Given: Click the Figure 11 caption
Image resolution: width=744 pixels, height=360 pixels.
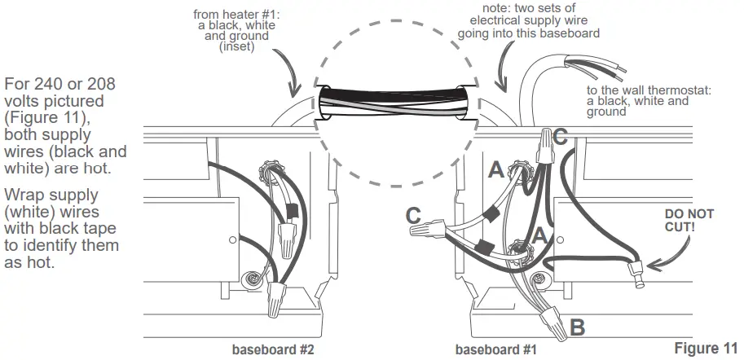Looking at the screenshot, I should [x=707, y=349].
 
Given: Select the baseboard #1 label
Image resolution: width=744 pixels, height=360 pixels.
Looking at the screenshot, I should [x=490, y=350].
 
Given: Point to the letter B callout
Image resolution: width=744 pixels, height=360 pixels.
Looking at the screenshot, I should [x=576, y=328].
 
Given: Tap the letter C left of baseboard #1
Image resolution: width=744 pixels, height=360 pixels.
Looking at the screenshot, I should [x=413, y=216].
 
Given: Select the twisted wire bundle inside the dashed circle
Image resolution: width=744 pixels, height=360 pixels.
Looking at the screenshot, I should [x=392, y=105].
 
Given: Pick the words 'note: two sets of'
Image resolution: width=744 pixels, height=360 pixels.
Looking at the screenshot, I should [x=530, y=8].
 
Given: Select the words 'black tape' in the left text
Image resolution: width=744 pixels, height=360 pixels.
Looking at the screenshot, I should [x=75, y=229].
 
